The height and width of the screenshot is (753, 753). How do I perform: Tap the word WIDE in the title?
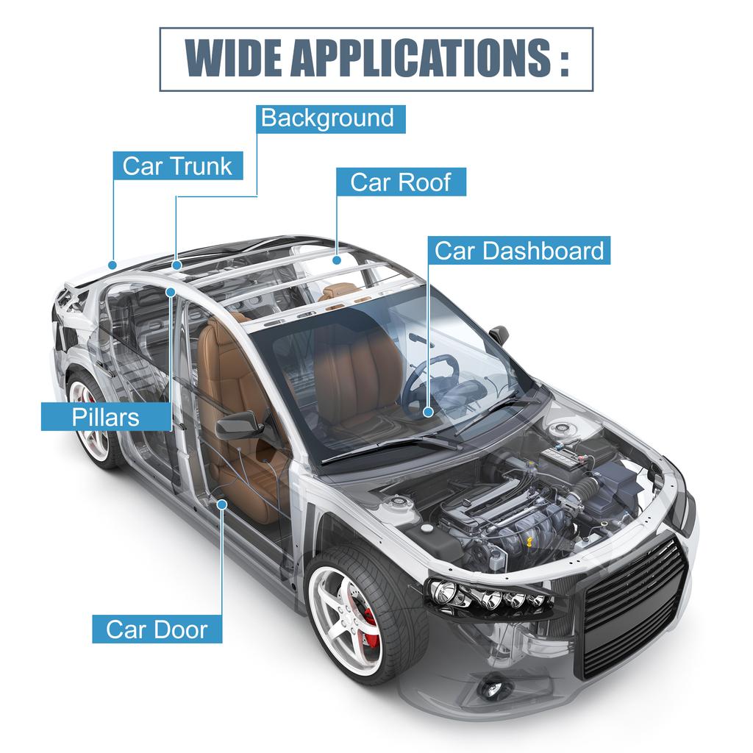click(233, 58)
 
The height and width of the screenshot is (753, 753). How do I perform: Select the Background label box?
click(330, 119)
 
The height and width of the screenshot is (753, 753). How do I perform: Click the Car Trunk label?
click(178, 166)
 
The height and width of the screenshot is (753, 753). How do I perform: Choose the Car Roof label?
click(401, 182)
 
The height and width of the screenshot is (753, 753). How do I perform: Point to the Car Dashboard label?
click(519, 250)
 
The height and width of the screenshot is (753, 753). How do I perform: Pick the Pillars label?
click(106, 416)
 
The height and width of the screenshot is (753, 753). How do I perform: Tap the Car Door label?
click(157, 629)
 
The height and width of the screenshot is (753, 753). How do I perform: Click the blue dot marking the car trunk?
click(113, 265)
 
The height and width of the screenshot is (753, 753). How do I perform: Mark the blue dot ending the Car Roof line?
click(337, 260)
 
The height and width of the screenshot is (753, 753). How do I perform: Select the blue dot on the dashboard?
click(429, 412)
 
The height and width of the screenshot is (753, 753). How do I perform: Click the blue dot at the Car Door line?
click(222, 504)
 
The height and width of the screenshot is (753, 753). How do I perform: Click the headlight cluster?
click(488, 596)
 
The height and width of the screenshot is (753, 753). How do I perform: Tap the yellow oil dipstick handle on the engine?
click(529, 542)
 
